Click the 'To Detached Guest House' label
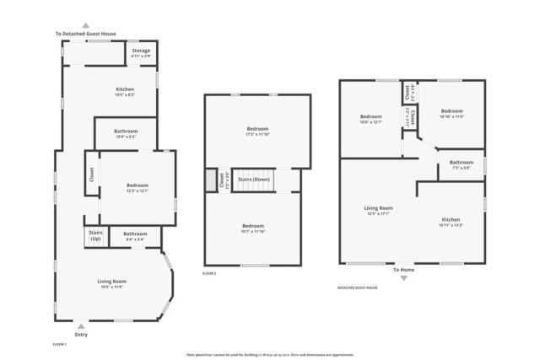pyautogui.click(x=86, y=34)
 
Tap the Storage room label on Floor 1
pyautogui.click(x=141, y=52)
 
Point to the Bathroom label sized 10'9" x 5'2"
pyautogui.click(x=127, y=132)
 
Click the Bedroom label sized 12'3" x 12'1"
pyautogui.click(x=138, y=187)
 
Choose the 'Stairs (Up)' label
pyautogui.click(x=94, y=236)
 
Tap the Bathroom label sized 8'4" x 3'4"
pyautogui.click(x=135, y=235)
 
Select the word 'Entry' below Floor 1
pyautogui.click(x=81, y=335)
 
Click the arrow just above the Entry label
pyautogui.click(x=81, y=325)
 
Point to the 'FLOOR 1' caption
pyautogui.click(x=60, y=345)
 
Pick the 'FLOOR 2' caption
pyautogui.click(x=209, y=273)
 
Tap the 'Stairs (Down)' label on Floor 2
pyautogui.click(x=254, y=180)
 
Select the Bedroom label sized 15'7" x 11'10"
pyautogui.click(x=252, y=228)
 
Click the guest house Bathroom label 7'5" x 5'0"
pyautogui.click(x=461, y=164)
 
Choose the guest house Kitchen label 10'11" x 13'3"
pyautogui.click(x=451, y=223)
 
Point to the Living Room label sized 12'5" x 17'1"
pyautogui.click(x=378, y=210)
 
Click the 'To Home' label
pyautogui.click(x=403, y=270)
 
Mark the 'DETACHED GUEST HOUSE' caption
pyautogui.click(x=357, y=287)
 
